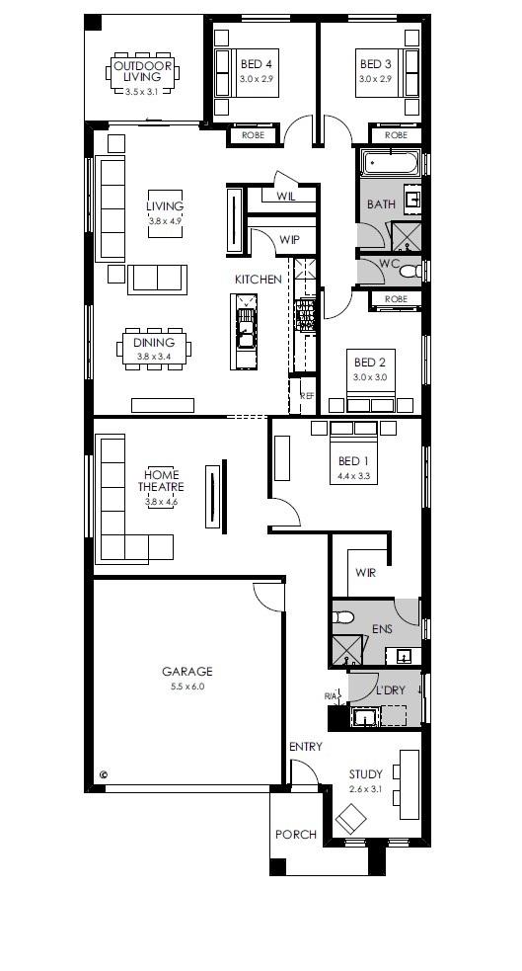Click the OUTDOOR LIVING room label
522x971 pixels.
click(142, 70)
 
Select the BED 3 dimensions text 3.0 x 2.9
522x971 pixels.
click(375, 78)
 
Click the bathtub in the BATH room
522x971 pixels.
click(392, 163)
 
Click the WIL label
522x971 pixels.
click(286, 197)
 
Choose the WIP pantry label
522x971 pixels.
click(289, 240)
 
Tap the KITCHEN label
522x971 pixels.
click(258, 280)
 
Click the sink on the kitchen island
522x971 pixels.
click(245, 326)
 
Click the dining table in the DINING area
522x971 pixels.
click(153, 349)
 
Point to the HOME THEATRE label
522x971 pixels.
click(161, 480)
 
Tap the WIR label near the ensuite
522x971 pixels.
click(365, 572)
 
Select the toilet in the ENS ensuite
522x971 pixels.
click(342, 618)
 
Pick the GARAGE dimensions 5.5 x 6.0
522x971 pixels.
click(186, 686)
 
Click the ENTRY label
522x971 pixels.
click(306, 747)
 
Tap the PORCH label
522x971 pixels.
click(295, 835)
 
